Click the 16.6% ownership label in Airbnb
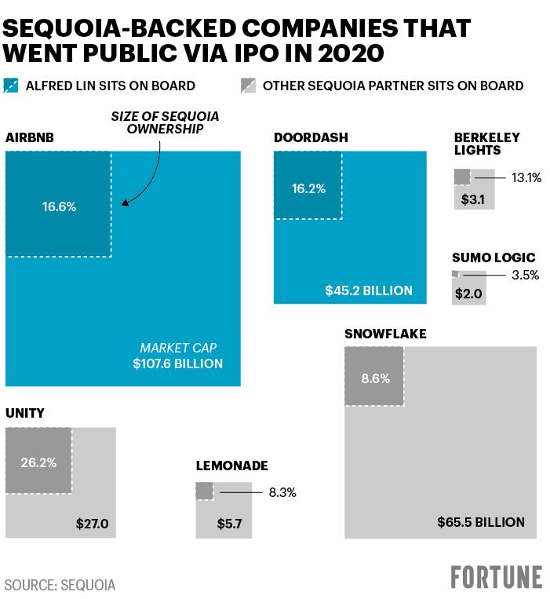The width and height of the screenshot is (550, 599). click(x=59, y=206)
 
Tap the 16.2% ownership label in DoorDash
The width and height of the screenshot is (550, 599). click(x=309, y=188)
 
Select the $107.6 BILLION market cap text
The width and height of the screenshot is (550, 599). click(x=178, y=363)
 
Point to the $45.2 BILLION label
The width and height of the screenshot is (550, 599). click(x=369, y=290)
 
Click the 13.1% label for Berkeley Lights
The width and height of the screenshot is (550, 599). click(x=526, y=177)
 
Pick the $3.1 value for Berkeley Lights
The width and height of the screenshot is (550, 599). click(x=472, y=199)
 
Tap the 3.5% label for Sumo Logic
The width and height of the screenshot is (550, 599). click(x=525, y=275)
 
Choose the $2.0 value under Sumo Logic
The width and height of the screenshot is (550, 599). click(x=468, y=294)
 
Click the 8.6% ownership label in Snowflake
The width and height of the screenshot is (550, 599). click(x=376, y=378)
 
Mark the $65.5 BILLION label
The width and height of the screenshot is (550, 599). click(x=481, y=522)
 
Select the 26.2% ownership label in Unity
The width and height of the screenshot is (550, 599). click(x=38, y=462)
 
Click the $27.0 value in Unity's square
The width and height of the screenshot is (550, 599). click(x=92, y=524)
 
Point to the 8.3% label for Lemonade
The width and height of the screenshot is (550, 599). click(x=282, y=492)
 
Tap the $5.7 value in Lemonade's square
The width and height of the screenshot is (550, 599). click(x=229, y=524)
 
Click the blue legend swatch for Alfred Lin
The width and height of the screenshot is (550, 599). click(x=11, y=86)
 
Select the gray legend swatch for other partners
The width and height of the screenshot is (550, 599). click(x=248, y=86)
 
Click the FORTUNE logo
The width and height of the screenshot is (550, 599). click(x=497, y=577)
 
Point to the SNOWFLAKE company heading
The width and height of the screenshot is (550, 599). click(x=385, y=334)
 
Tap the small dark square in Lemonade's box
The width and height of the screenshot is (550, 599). click(x=204, y=491)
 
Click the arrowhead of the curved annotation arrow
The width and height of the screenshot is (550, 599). click(x=126, y=203)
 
